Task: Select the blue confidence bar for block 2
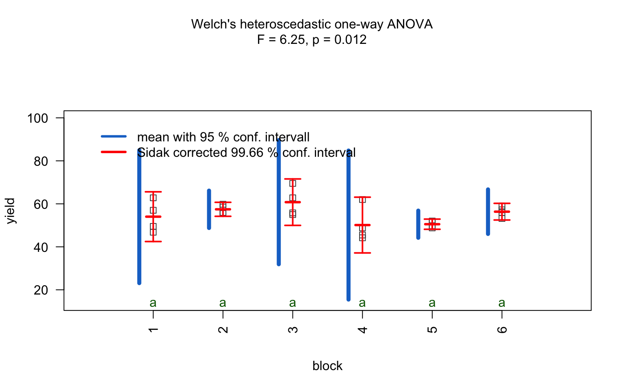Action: [209, 210]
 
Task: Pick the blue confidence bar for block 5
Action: [418, 224]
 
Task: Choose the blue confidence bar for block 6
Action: [488, 212]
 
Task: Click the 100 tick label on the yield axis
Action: [37, 118]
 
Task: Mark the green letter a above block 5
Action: [432, 303]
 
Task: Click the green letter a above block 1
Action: [153, 303]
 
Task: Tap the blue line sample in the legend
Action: [114, 136]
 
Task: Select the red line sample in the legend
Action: [114, 152]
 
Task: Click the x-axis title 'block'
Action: [327, 366]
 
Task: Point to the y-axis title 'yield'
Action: [11, 211]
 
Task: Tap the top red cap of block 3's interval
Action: [292, 179]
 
